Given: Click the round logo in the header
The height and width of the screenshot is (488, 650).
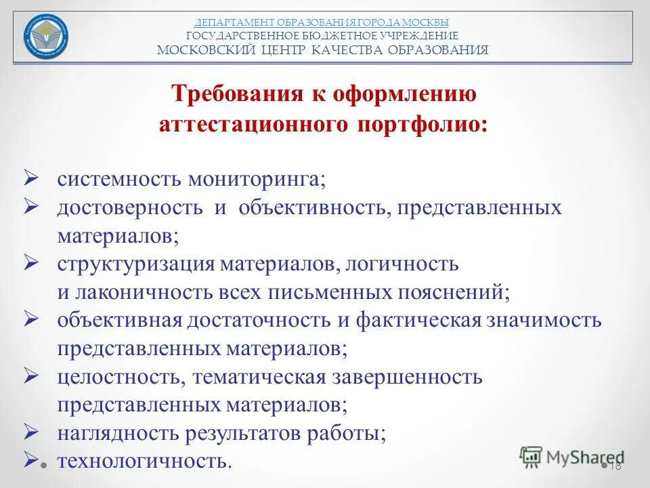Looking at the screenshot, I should click(46, 37).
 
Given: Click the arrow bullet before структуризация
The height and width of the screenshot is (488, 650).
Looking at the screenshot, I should click(33, 262).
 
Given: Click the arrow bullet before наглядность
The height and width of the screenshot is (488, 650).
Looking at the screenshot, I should click(33, 431).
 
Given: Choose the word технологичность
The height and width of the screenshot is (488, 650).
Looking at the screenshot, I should click(144, 462).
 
